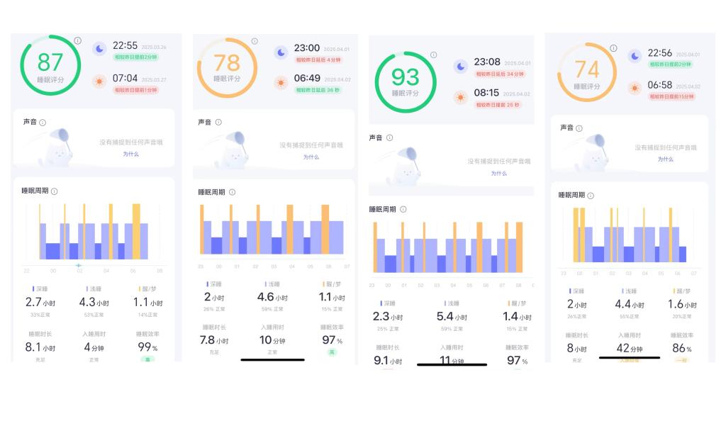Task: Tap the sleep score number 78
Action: (x=227, y=62)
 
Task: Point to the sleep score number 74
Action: (x=586, y=69)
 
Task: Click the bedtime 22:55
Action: (x=125, y=45)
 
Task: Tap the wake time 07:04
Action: (x=125, y=78)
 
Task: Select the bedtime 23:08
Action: (x=487, y=62)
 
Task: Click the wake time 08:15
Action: (x=487, y=93)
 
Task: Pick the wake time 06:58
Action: (x=660, y=85)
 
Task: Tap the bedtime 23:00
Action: (x=307, y=47)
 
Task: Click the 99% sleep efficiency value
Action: (x=146, y=347)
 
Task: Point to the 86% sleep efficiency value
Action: (x=681, y=349)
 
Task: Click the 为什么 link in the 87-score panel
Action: (x=130, y=154)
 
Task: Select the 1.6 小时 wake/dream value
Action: (x=681, y=304)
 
